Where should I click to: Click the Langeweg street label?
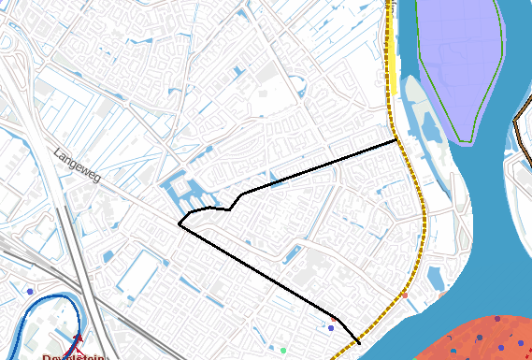pos(77,165)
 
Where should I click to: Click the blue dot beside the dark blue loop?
pos(30,292)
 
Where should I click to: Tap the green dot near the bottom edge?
pos(283,350)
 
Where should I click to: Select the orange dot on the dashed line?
pos(405,295)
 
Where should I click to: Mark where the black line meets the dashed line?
pos(397,139)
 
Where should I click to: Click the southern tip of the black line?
pos(360,344)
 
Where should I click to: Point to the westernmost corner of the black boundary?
pos(180,223)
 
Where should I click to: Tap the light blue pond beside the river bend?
pos(437,277)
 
